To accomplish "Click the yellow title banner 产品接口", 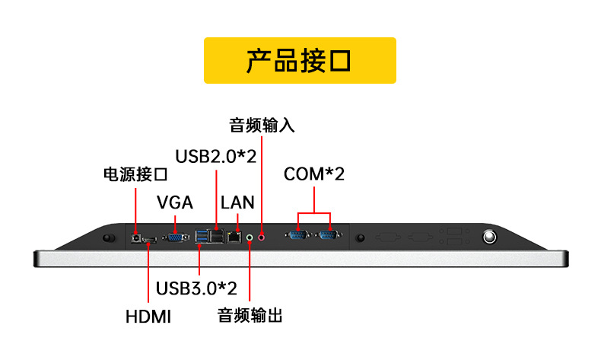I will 300,60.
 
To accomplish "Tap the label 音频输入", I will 261,125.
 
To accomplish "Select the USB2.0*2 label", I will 216,156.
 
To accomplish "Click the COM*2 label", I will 314,174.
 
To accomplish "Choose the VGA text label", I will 175,203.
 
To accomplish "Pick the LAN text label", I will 237,203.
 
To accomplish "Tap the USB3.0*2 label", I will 196,288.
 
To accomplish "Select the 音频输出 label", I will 250,314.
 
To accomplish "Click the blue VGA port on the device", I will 175,238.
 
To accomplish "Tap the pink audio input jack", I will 262,237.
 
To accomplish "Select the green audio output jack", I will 250,238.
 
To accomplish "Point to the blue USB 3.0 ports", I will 202,238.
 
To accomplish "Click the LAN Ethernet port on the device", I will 234,238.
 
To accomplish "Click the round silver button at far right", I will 491,238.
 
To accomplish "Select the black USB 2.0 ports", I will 218,238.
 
